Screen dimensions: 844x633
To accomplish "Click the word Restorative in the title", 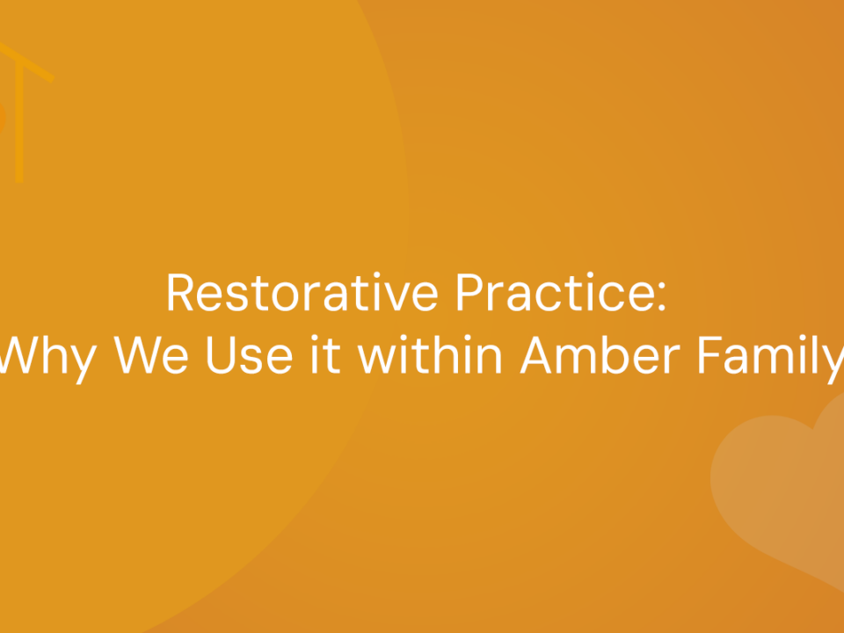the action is [302, 292].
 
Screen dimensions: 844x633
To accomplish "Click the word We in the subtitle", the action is [150, 354].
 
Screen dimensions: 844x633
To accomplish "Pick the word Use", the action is [249, 354].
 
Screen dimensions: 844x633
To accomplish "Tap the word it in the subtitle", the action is [326, 354].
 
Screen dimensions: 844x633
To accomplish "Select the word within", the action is [430, 354].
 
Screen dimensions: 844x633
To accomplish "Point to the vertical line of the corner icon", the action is [19, 121].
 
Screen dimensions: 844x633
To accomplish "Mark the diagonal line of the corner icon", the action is [27, 62].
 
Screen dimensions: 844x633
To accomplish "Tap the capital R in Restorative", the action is [179, 292].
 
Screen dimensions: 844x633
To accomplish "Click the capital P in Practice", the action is [469, 292].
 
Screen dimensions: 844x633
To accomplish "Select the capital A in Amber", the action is [537, 354].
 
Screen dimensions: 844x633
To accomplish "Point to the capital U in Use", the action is [222, 355].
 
